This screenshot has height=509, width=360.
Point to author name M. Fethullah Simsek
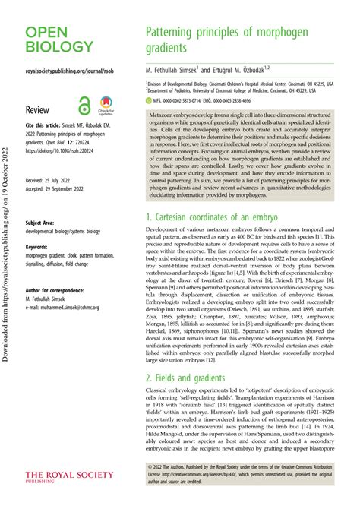pyautogui.click(x=178, y=71)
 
